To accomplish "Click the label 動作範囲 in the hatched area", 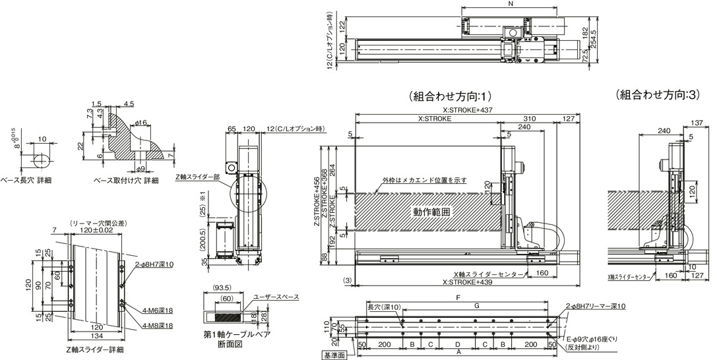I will [431, 212].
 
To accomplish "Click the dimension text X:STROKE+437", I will [468, 109].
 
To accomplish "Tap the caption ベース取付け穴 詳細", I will [125, 181].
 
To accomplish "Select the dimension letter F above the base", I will [458, 298].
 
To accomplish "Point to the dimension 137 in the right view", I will [697, 123].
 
